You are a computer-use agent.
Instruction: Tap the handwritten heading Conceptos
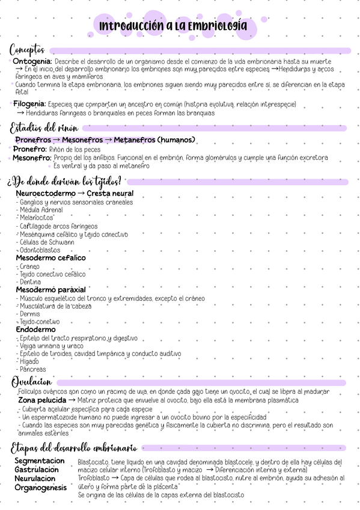[x=31, y=49]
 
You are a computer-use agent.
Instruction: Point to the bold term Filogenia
[x=29, y=104]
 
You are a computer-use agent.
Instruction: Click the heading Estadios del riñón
[x=43, y=127]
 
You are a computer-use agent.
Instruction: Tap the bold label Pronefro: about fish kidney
[x=30, y=149]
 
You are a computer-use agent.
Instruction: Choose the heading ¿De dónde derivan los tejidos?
[x=64, y=181]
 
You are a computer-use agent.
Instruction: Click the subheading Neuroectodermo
[x=46, y=194]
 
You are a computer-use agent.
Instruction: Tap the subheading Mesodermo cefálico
[x=50, y=258]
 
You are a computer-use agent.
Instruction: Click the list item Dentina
[x=30, y=281]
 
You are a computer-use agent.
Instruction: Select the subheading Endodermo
[x=35, y=330]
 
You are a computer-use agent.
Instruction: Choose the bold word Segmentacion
[x=40, y=461]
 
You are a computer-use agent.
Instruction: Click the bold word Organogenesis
[x=41, y=488]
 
